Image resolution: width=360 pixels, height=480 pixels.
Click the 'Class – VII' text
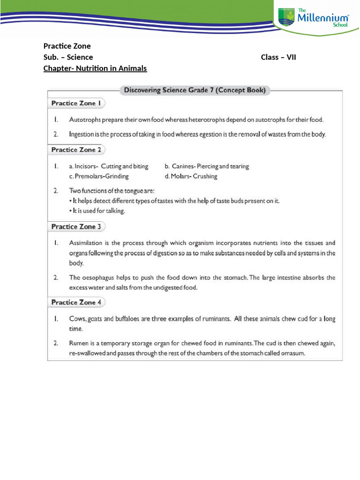[x=278, y=57]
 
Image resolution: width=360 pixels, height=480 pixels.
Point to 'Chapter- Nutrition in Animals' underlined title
[x=95, y=68]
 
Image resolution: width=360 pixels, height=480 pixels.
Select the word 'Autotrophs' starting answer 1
[x=84, y=120]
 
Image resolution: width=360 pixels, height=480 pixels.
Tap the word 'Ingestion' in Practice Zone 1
[x=82, y=135]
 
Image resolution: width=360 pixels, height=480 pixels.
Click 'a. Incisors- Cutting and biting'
[x=108, y=166]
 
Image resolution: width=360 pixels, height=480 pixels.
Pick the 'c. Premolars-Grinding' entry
[x=98, y=177]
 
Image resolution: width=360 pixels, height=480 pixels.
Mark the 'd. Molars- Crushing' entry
[x=191, y=177]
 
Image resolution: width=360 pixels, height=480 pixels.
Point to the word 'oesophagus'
[x=99, y=277]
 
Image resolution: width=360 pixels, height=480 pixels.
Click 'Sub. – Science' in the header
[x=68, y=57]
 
